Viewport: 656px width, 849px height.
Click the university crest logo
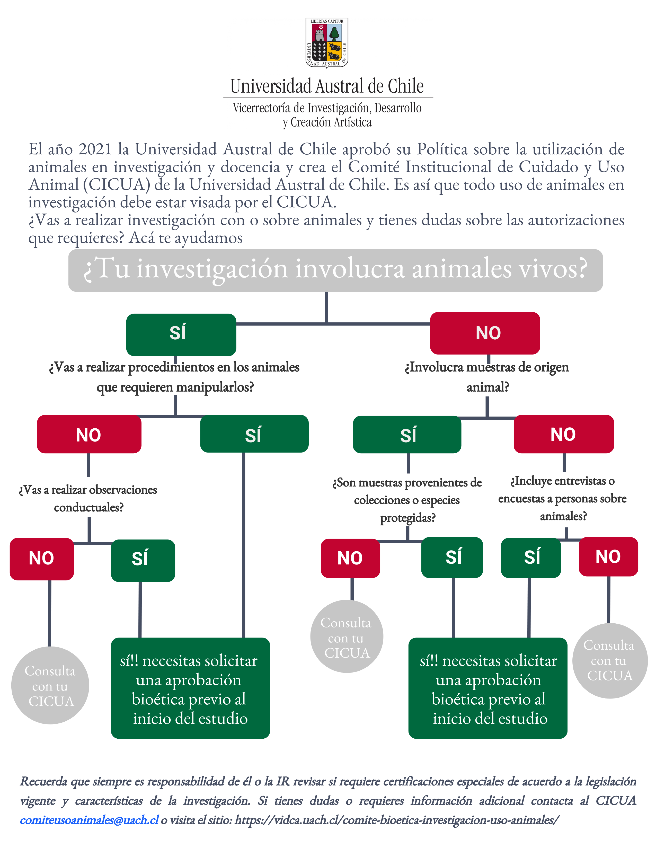[326, 43]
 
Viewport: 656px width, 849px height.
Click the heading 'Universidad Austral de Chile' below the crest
[327, 86]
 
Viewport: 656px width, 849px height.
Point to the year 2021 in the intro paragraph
[95, 149]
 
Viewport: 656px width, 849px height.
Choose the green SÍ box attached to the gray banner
[181, 334]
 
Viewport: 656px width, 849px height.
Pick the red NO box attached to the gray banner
[485, 333]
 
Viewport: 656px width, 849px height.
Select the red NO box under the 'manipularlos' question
[89, 434]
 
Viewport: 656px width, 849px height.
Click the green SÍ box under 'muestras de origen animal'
[407, 435]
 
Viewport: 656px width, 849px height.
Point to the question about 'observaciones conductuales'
[88, 498]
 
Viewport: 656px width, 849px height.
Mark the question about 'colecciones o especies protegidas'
[407, 500]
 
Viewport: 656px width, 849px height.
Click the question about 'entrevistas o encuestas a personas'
[562, 498]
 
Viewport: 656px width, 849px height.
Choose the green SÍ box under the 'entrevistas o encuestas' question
[531, 558]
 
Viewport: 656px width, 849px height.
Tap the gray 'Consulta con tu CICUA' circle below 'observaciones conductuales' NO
[50, 686]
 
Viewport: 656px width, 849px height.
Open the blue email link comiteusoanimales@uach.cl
[89, 820]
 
